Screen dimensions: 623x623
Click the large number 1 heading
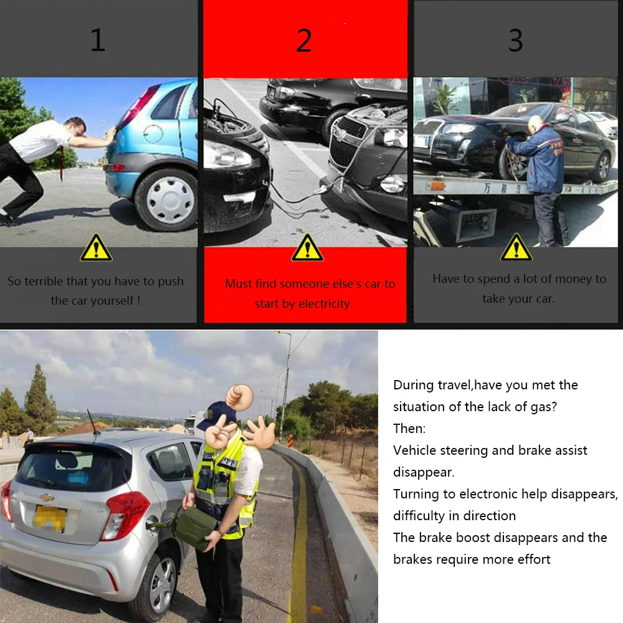98,40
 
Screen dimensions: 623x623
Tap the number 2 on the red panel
304,40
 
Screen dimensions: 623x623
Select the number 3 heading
515,40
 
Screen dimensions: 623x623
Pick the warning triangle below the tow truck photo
516,247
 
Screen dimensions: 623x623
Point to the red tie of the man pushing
62,163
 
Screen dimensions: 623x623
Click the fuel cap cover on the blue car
153,133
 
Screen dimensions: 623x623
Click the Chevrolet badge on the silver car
47,497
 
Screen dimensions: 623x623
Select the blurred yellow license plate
49,518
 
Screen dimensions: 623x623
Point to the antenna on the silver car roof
93,422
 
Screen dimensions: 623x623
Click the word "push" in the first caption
171,282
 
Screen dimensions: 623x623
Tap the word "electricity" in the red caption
324,304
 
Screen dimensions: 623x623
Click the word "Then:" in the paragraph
409,429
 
